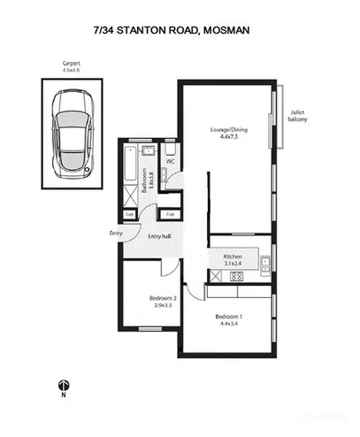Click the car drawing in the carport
[71, 136]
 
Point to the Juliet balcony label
[299, 117]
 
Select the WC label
[171, 162]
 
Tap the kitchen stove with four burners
[237, 275]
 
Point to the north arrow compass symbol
[63, 387]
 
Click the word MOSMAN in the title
[226, 30]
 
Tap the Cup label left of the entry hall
[129, 213]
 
